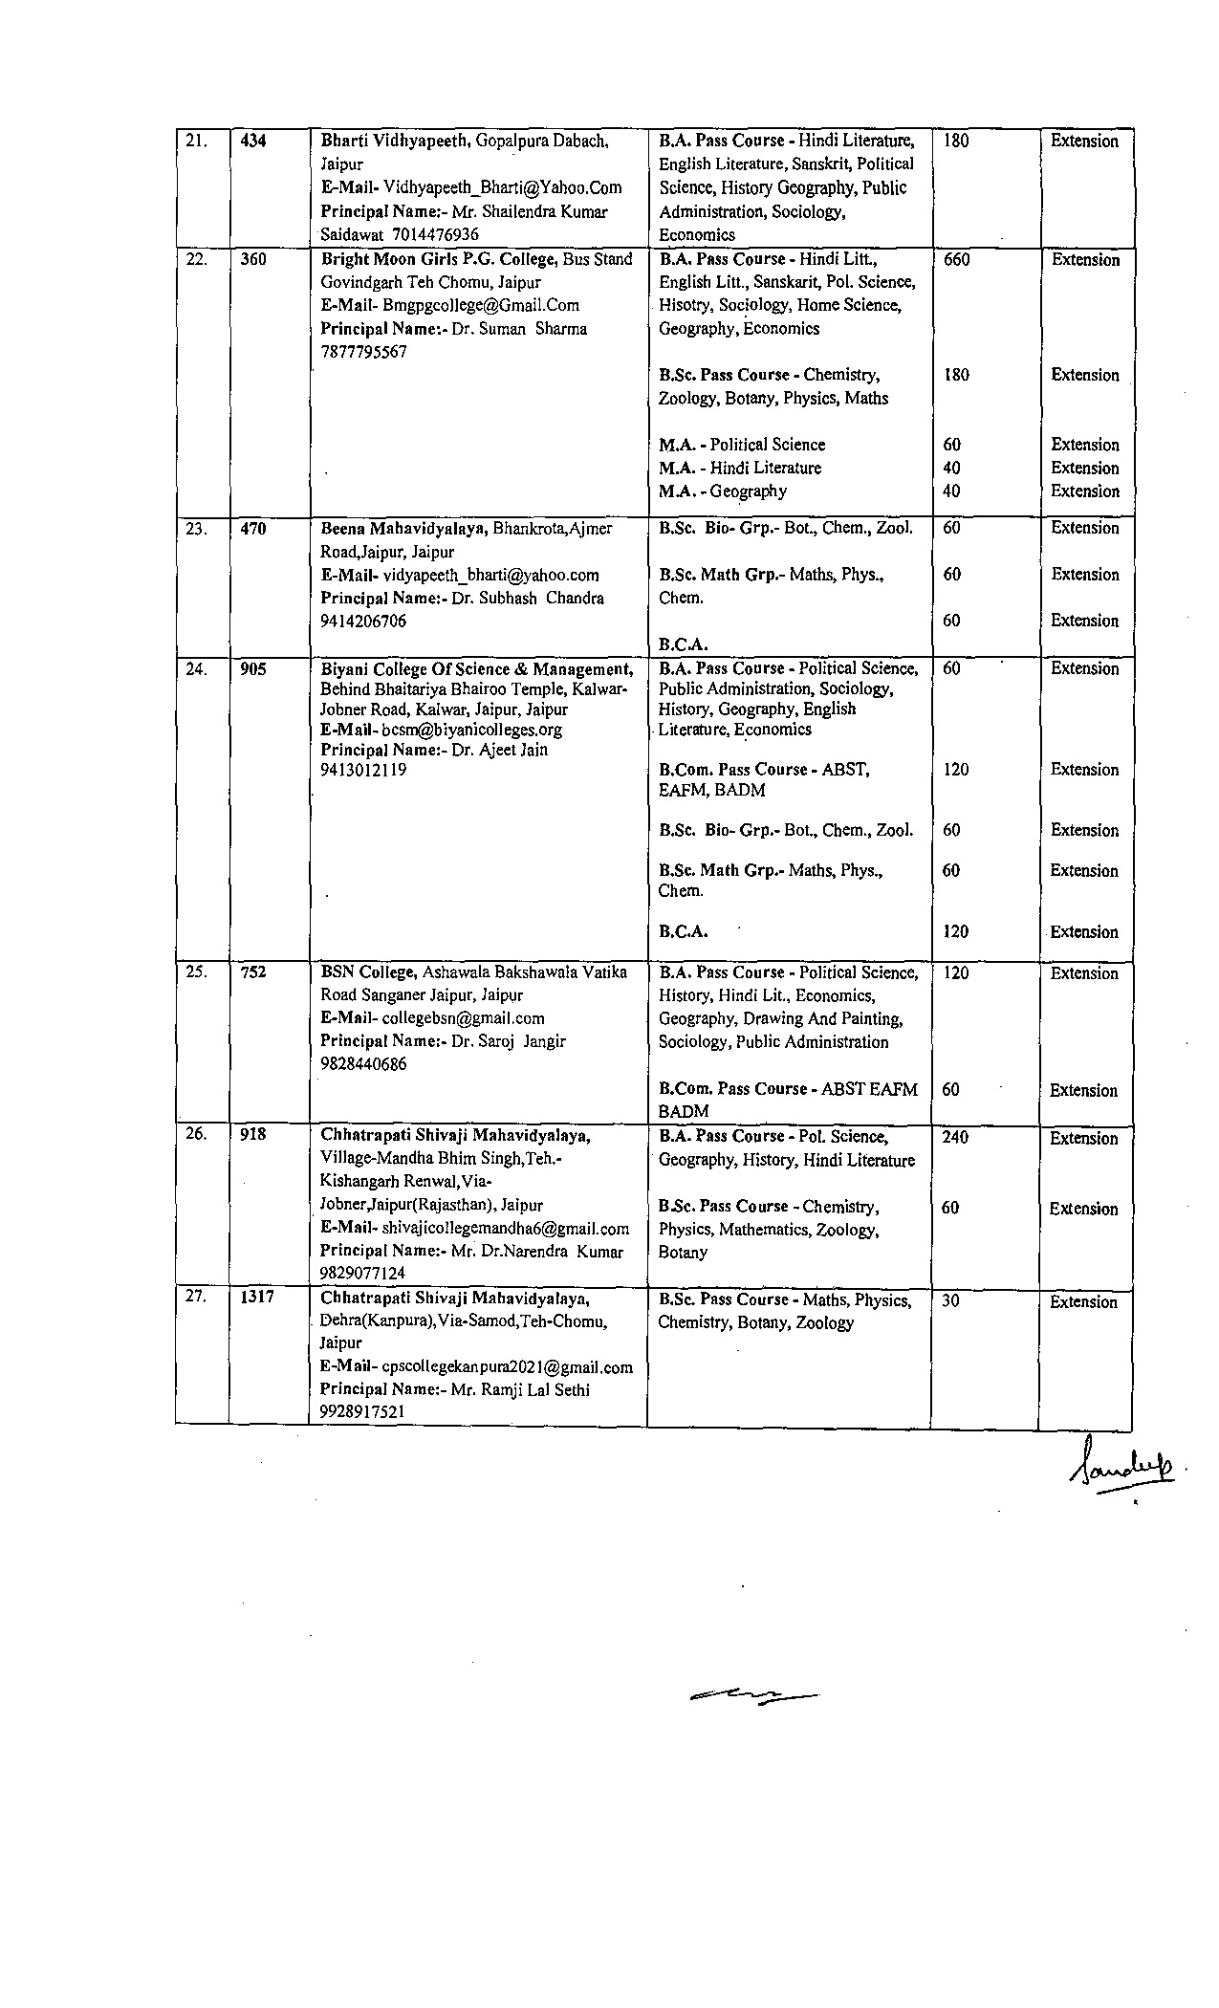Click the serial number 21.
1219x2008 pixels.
(196, 142)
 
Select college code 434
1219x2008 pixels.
(253, 142)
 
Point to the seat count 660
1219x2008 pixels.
(956, 259)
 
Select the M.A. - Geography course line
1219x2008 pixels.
(723, 491)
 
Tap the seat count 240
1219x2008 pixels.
(955, 1137)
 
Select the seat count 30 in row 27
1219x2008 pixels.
(950, 1301)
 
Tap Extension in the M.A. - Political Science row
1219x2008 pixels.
(1084, 445)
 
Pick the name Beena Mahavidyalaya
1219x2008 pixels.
(403, 528)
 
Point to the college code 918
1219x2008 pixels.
(253, 1134)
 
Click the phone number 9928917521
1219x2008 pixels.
(361, 1411)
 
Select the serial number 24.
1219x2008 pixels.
(196, 669)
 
